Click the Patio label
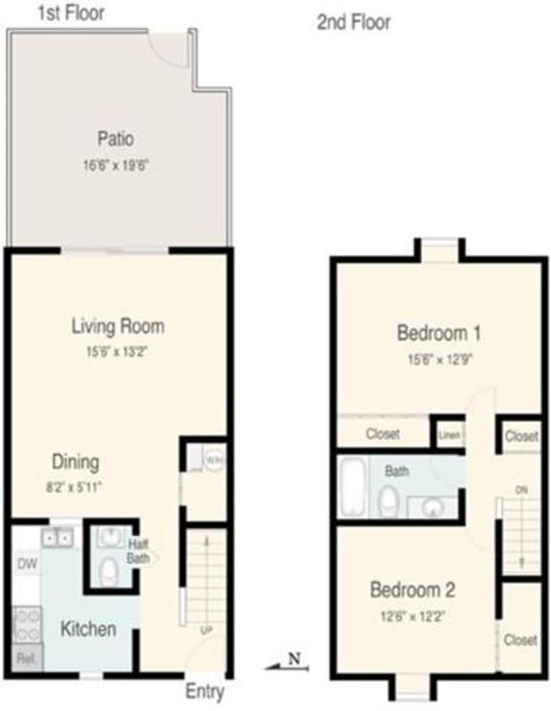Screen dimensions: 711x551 [x=115, y=139]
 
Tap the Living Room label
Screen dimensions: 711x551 [x=118, y=325]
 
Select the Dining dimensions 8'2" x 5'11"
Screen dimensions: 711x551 [x=76, y=486]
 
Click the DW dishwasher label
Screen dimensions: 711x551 [x=27, y=564]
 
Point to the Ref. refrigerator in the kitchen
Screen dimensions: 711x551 [x=26, y=658]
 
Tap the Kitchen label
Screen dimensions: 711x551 [x=89, y=629]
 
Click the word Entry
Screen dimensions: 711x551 [x=204, y=691]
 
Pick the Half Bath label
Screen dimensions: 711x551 [x=138, y=551]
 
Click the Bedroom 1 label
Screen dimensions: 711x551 [x=438, y=333]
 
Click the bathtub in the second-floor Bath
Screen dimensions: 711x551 [x=353, y=487]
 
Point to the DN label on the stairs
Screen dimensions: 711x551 [x=521, y=490]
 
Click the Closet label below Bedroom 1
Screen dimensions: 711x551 [x=383, y=434]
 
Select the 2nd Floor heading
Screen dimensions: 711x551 [x=354, y=23]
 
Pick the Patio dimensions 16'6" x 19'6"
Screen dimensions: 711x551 [x=116, y=165]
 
